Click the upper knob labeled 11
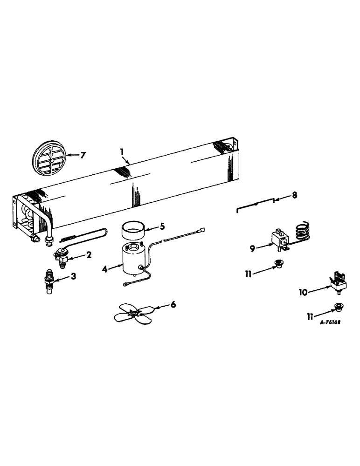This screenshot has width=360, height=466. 279,264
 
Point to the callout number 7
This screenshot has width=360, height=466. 83,155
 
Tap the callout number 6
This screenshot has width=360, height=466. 173,304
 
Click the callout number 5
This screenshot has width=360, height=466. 162,226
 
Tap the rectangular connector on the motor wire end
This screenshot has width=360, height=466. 201,229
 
